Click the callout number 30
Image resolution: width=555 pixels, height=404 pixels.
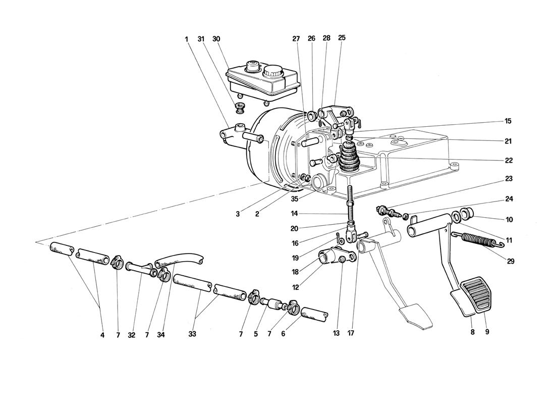pos(216,38)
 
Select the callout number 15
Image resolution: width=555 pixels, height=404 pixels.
pos(508,121)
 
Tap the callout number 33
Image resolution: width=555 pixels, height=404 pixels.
pos(192,334)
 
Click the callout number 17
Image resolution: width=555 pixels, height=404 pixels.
pos(351,333)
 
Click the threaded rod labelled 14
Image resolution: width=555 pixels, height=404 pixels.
pos(350,205)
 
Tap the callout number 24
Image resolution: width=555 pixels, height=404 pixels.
pos(509,199)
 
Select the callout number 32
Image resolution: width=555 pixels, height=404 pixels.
pos(132,334)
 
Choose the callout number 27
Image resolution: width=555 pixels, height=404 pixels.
pos(296,38)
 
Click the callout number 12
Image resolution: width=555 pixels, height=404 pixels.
pos(295,287)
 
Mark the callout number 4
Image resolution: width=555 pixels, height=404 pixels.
pos(102,334)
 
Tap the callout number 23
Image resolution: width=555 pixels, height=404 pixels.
pos(509,179)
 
